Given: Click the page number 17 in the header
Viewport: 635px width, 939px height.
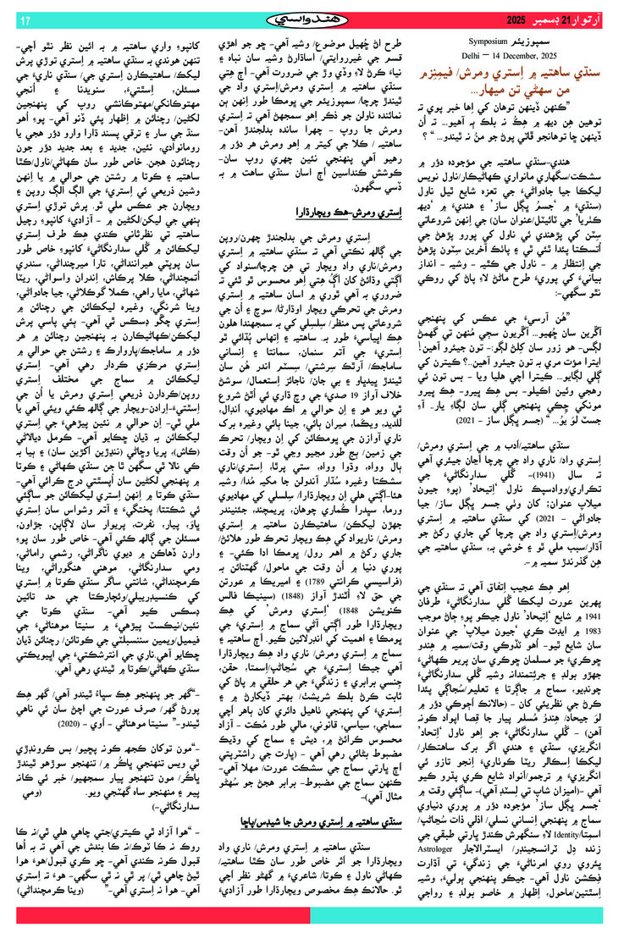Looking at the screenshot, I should tap(24, 19).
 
